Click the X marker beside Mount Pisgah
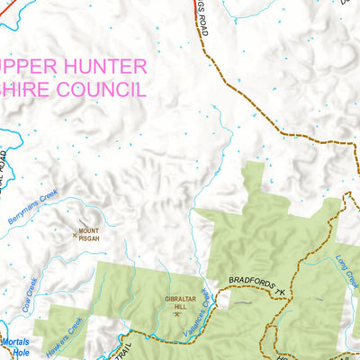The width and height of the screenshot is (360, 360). click(75, 235)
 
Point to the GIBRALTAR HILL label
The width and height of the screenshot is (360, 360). click(181, 301)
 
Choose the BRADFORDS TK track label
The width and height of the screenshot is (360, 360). click(255, 287)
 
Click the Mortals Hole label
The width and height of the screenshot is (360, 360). click(13, 347)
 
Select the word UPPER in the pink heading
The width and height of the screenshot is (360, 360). click(28, 67)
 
